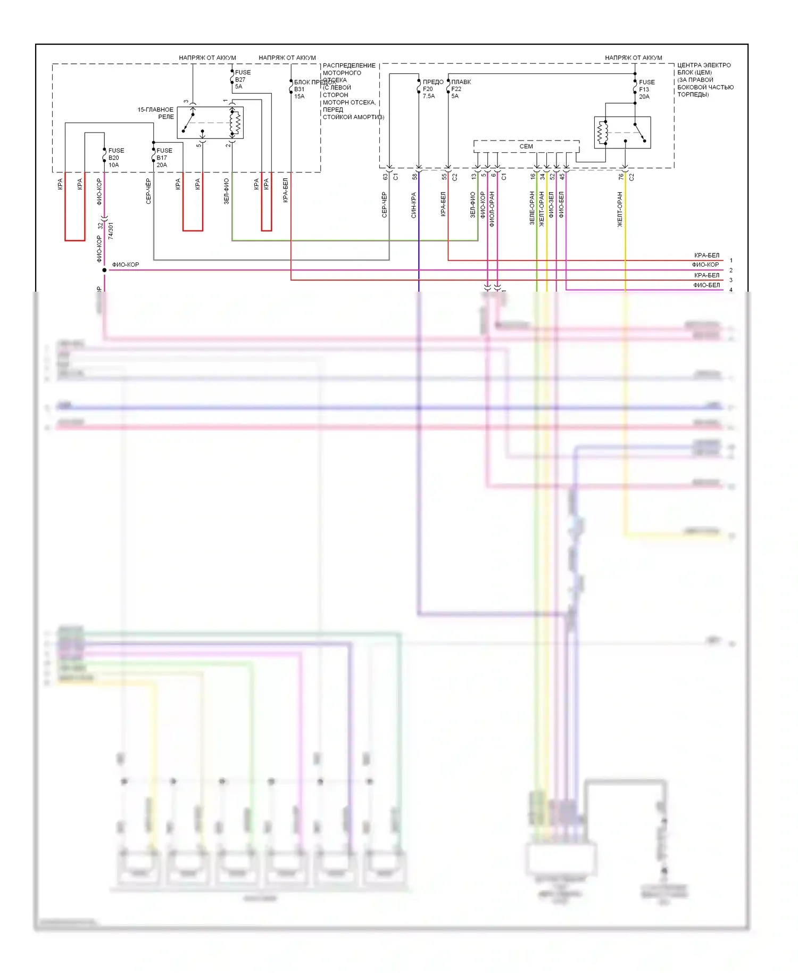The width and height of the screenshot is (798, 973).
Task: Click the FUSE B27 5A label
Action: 242,79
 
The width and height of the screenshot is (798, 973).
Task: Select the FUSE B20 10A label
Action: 115,158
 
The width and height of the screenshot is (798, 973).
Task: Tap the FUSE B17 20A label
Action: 164,158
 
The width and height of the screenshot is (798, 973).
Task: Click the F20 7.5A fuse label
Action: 429,89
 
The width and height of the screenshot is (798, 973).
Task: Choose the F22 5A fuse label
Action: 456,89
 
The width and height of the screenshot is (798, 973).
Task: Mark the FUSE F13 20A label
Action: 646,89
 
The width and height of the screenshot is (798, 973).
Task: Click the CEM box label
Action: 526,146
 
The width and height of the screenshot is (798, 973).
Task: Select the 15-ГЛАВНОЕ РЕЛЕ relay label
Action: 156,113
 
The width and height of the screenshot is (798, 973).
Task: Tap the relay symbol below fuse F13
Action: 622,133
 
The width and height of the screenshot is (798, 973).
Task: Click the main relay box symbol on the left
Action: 210,123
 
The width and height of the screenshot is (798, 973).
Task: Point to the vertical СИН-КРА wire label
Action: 414,205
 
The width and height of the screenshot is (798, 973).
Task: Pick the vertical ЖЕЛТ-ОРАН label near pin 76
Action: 620,210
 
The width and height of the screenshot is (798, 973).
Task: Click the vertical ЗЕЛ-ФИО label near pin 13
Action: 473,205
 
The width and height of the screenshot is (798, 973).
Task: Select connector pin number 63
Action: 385,177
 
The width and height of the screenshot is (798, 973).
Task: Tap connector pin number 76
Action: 621,177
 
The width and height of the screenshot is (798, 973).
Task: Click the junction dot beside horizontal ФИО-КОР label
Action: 104,270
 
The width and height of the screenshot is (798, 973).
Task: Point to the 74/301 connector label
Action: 111,231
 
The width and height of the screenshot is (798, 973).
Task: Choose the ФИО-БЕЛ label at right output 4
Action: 706,285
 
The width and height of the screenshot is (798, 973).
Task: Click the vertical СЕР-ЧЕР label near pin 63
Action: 385,205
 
